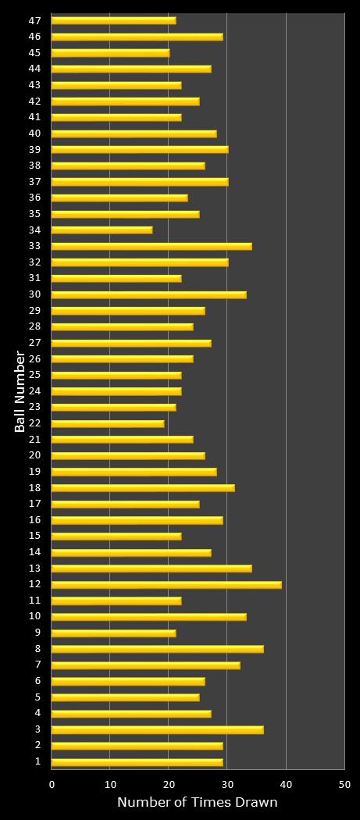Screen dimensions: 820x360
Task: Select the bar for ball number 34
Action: point(102,230)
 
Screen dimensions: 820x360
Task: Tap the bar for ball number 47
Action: point(113,20)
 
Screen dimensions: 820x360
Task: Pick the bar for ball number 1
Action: point(137,762)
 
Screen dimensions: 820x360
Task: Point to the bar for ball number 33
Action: point(151,246)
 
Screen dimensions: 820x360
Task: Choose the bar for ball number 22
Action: point(108,423)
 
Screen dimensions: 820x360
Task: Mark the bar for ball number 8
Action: point(157,649)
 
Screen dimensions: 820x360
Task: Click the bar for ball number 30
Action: point(148,294)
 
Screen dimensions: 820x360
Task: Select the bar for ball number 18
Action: point(143,488)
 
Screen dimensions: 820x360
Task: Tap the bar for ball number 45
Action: point(110,53)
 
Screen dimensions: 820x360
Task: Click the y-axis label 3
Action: point(37,729)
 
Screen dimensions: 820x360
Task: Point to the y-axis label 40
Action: point(34,134)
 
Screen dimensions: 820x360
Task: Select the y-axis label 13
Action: point(34,569)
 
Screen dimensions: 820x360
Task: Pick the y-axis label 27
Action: point(34,343)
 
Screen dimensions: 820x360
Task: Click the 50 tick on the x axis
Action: point(344,784)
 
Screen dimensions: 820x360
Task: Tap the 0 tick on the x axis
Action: point(52,784)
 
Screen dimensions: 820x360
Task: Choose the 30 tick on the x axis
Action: point(227,784)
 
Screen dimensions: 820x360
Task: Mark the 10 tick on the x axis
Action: point(110,784)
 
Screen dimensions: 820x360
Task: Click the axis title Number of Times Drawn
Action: point(198,803)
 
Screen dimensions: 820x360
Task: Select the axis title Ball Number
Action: point(20,391)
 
